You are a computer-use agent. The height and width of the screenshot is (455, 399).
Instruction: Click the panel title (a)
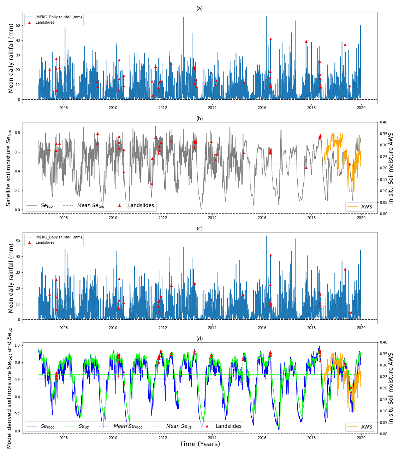click(x=199, y=8)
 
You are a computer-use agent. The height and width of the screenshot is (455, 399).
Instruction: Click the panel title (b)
click(x=199, y=119)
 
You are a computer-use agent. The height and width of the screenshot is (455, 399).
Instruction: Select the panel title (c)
click(x=199, y=229)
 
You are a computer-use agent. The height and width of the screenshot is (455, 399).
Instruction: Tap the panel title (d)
click(x=199, y=339)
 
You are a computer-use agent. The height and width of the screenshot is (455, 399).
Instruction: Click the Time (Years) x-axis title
click(x=199, y=444)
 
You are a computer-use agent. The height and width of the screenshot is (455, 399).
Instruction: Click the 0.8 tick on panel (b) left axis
click(x=18, y=133)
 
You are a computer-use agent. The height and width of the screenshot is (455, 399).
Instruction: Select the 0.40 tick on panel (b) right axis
click(x=383, y=122)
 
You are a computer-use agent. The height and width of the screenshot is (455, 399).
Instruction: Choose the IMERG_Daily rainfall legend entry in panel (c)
click(x=59, y=237)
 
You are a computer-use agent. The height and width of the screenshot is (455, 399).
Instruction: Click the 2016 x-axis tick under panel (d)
click(x=262, y=438)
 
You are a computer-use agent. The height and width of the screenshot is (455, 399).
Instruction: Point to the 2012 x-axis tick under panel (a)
click(x=163, y=108)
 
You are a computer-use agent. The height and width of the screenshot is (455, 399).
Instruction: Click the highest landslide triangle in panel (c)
click(x=270, y=255)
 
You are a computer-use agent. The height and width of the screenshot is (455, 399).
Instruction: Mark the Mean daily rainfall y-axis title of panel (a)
click(x=11, y=58)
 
